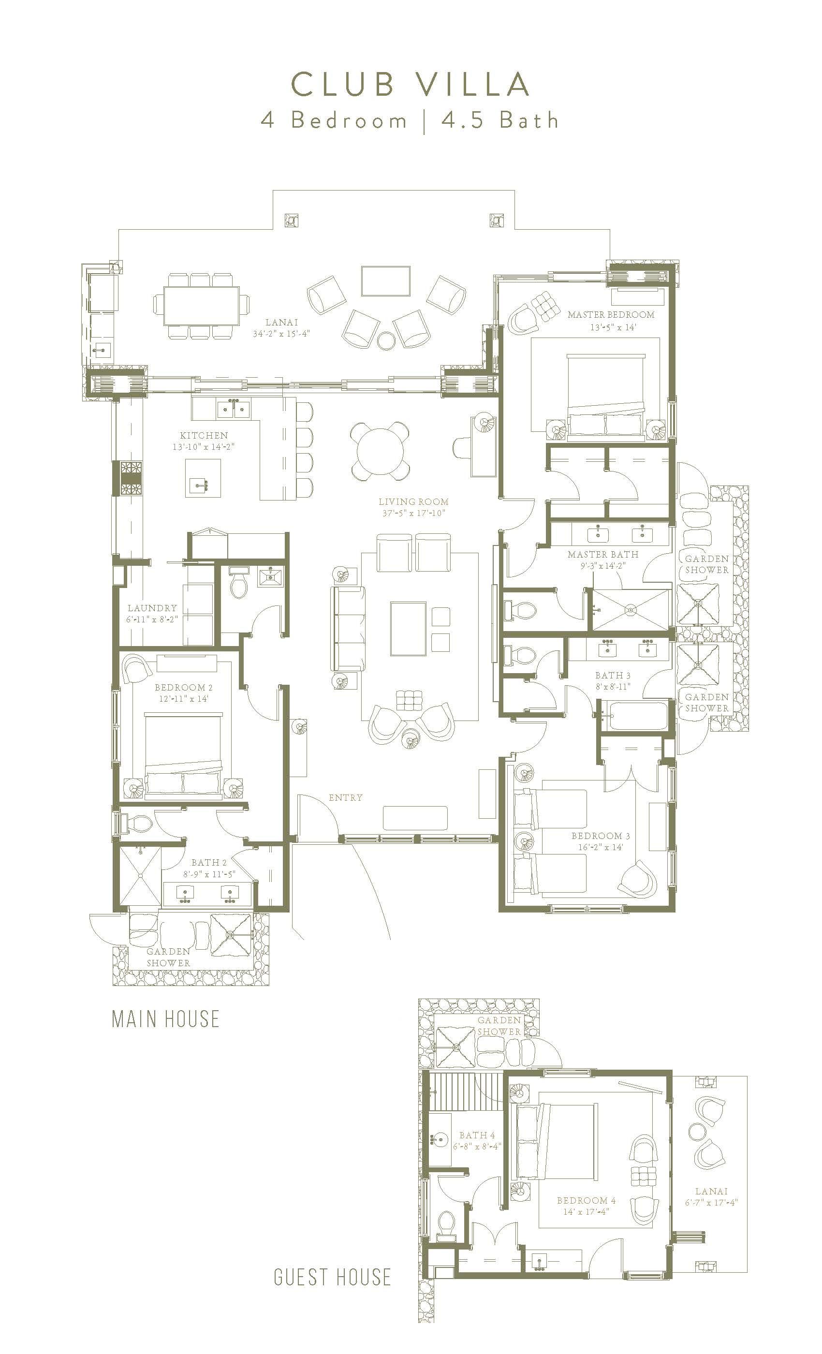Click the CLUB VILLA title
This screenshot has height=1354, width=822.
click(410, 85)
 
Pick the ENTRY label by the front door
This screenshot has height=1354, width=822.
click(346, 797)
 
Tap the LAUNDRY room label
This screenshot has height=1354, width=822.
click(152, 608)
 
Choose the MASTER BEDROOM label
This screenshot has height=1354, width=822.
click(611, 315)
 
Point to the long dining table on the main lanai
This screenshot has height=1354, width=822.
click(201, 306)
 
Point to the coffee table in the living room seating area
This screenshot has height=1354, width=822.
click(408, 629)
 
